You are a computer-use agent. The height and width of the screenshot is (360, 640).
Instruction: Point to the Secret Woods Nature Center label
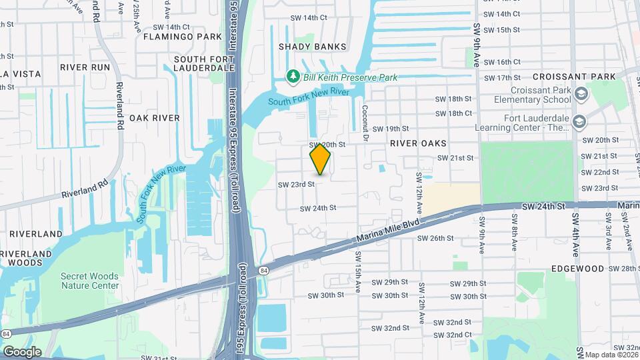(89, 281)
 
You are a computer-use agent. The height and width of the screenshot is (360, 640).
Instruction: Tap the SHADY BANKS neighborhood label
(313, 47)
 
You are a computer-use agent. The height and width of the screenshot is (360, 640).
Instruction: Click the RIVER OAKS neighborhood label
(419, 143)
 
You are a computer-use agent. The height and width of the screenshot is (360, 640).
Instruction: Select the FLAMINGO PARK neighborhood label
(187, 36)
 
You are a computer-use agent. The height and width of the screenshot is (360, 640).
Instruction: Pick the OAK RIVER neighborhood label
(155, 118)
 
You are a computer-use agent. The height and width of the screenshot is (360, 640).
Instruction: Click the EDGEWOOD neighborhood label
(577, 268)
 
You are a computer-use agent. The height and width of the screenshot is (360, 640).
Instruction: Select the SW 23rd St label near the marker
(296, 184)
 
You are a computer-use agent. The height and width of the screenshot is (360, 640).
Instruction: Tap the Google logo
(22, 352)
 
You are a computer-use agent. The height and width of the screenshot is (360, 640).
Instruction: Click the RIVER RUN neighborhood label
(85, 67)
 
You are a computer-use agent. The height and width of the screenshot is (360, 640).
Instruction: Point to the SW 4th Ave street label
(575, 235)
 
